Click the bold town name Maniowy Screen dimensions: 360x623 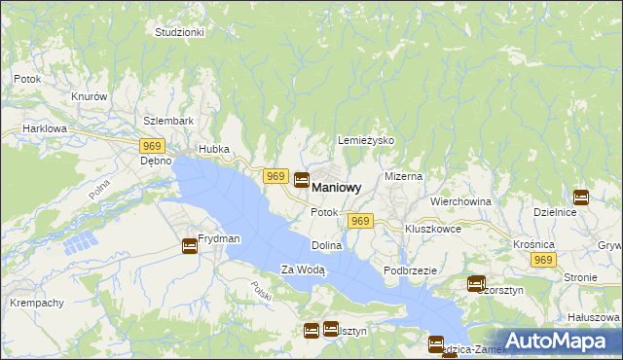[x=337, y=187]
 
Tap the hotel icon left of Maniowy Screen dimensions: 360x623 [x=302, y=180]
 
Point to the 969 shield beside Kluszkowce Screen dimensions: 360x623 [x=360, y=222]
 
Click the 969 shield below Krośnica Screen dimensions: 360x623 [x=543, y=260]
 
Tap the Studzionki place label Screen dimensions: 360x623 [x=179, y=32]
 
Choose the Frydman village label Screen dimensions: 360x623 [x=219, y=238]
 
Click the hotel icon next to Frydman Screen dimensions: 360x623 [x=189, y=246]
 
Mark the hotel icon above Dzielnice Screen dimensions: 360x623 [x=581, y=197]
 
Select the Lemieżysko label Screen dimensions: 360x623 [x=365, y=140]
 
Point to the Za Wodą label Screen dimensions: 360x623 [x=303, y=270]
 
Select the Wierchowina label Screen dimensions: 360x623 [x=460, y=201]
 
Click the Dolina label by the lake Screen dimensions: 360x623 [x=327, y=246]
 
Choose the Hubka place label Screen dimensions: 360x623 [x=213, y=149]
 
